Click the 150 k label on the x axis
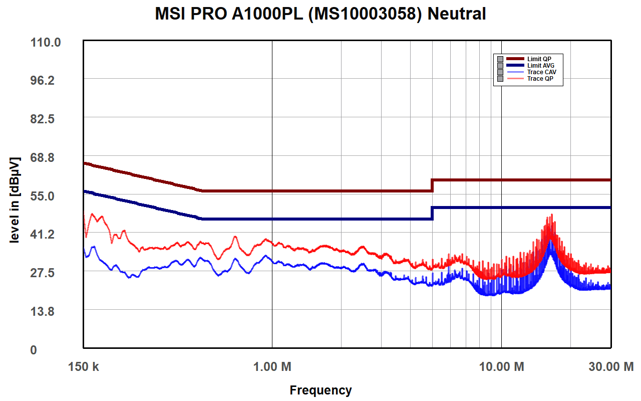tap(84, 367)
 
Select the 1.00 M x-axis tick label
tap(272, 367)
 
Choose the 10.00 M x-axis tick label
tap(501, 367)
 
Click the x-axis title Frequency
tap(320, 390)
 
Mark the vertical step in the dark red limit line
tap(432, 185)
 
